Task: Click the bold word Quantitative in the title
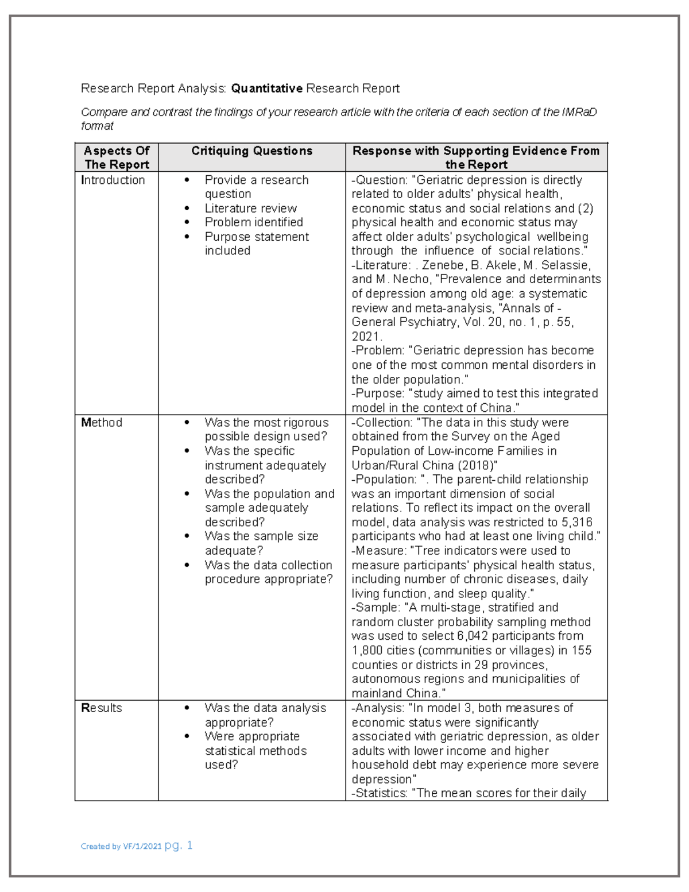266,88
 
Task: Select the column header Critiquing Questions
251,151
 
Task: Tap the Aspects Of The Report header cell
117,157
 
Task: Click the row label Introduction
113,180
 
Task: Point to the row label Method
102,423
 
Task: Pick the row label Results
102,708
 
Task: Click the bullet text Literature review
250,208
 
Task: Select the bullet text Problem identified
254,222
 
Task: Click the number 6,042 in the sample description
473,636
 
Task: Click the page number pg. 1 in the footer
179,845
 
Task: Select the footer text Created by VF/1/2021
121,847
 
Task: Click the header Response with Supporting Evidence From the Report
476,157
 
